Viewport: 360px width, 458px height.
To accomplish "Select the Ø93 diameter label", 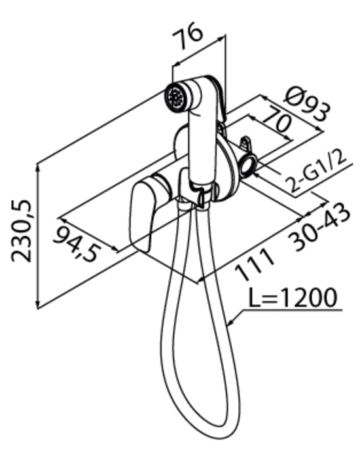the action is click(308, 103).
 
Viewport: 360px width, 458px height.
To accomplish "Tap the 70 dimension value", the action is click(278, 123).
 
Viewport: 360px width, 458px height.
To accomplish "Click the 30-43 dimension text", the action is click(319, 226).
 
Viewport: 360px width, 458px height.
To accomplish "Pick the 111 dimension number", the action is click(255, 265).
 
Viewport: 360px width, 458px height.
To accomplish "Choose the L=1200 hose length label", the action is click(293, 297).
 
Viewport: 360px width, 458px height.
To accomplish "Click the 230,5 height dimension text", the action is click(21, 231).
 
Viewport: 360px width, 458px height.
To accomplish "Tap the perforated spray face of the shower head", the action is click(175, 97).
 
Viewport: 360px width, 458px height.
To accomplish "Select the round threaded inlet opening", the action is click(248, 166).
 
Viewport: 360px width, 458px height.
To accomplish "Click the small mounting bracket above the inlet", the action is click(245, 145).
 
